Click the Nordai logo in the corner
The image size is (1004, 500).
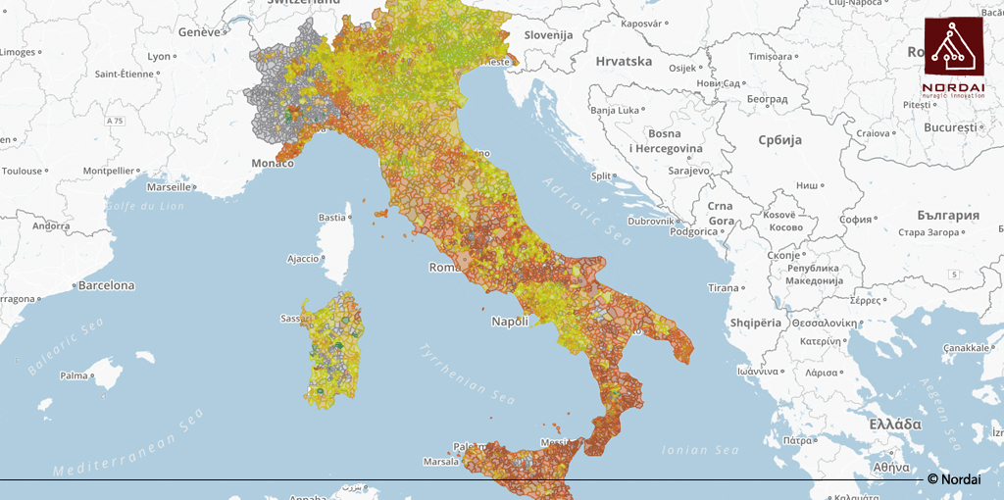[x=953, y=55]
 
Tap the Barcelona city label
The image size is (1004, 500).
[x=106, y=286]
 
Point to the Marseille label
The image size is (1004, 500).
[x=169, y=186]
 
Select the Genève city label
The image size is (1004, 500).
[x=199, y=31]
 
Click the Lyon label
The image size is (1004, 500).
[x=159, y=57]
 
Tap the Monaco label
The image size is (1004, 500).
[x=273, y=163]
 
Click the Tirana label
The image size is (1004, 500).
[x=724, y=287]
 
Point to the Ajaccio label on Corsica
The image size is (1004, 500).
[x=303, y=259]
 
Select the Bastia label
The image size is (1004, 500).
[x=332, y=218]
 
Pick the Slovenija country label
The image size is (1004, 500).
[x=547, y=35]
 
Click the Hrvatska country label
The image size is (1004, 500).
[x=624, y=61]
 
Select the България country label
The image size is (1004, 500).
[x=948, y=215]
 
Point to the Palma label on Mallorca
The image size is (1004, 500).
[x=74, y=375]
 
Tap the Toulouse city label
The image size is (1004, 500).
[x=22, y=171]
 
